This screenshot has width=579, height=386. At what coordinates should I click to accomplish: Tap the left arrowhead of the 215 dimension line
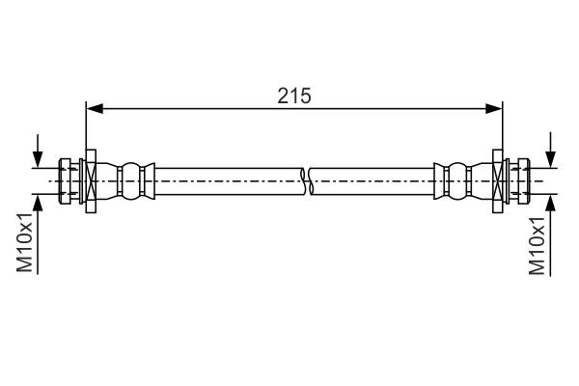(94, 109)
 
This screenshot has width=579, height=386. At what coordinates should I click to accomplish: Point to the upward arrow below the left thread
(38, 201)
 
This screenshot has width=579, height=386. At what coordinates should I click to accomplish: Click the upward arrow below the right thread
(550, 201)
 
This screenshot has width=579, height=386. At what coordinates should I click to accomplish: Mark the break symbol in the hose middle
(306, 180)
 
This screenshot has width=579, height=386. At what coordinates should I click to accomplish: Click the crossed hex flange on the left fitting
(92, 180)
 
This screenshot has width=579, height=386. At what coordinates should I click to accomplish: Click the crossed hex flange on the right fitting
(498, 180)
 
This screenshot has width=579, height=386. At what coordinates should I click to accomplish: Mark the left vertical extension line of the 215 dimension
(87, 130)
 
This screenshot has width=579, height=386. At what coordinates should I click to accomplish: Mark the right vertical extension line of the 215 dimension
(503, 130)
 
